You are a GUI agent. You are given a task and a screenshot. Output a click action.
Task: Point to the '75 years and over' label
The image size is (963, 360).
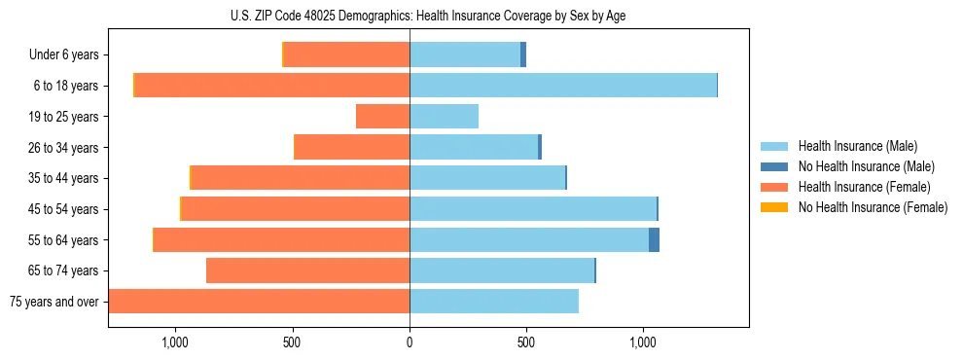point(54,302)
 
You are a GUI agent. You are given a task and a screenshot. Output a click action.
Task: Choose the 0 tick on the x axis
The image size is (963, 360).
point(410,342)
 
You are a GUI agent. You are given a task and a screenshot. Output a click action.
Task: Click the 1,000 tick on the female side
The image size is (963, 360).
point(175,342)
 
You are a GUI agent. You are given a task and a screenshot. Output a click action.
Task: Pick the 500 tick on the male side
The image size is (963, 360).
point(526,342)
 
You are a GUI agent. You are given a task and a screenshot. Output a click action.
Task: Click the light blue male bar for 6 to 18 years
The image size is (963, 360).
point(562,86)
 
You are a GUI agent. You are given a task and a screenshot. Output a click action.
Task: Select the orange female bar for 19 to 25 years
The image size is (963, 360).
point(382,117)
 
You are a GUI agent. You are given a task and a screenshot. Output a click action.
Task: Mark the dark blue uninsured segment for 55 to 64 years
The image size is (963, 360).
point(654,239)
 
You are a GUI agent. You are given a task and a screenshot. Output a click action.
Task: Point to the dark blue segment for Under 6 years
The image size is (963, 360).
point(523,55)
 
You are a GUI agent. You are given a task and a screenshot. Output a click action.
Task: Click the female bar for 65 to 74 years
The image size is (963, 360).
point(307,270)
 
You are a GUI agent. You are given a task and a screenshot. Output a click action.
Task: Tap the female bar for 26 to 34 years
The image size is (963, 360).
point(351,147)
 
